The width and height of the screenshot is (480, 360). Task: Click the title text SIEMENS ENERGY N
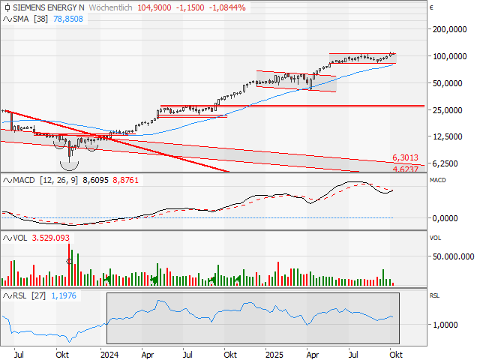pyautogui.click(x=46, y=6)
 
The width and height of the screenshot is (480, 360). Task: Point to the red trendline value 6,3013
pyautogui.click(x=405, y=157)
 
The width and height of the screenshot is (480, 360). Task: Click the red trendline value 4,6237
pyautogui.click(x=405, y=168)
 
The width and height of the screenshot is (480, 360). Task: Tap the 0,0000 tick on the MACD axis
pyautogui.click(x=448, y=218)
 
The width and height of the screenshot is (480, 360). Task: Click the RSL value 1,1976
pyautogui.click(x=63, y=295)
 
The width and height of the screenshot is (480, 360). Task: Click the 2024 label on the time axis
pyautogui.click(x=109, y=353)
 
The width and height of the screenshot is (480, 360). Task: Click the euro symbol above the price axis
pyautogui.click(x=433, y=7)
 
